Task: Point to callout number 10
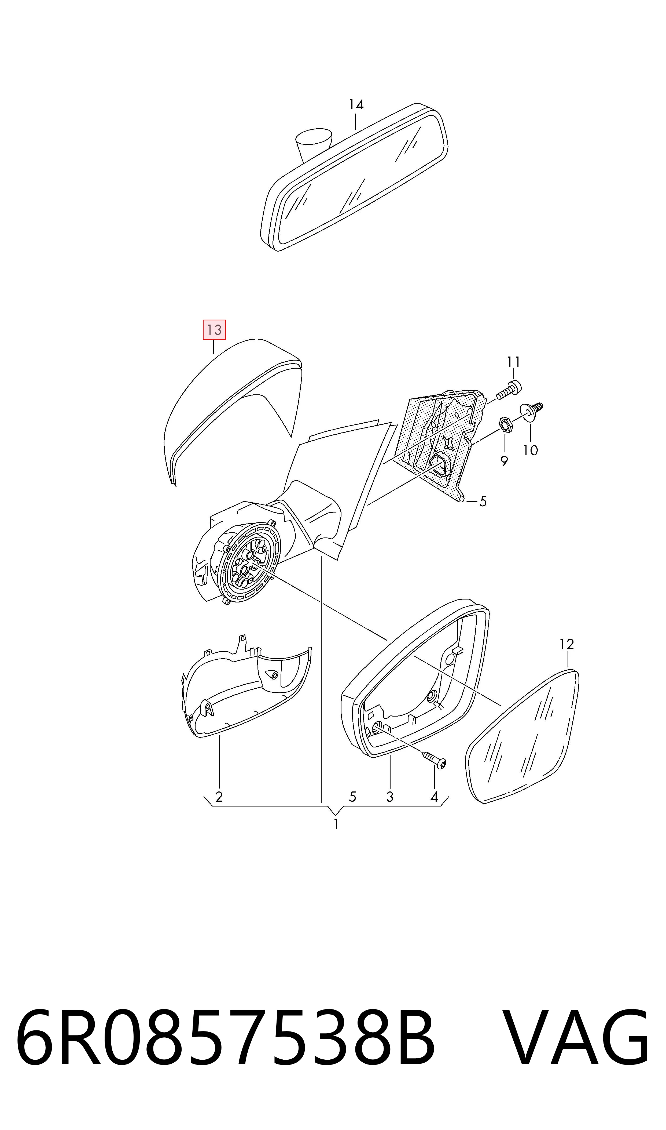pyautogui.click(x=531, y=450)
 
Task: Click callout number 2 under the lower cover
pyautogui.click(x=219, y=797)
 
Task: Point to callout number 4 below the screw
pyautogui.click(x=434, y=797)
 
